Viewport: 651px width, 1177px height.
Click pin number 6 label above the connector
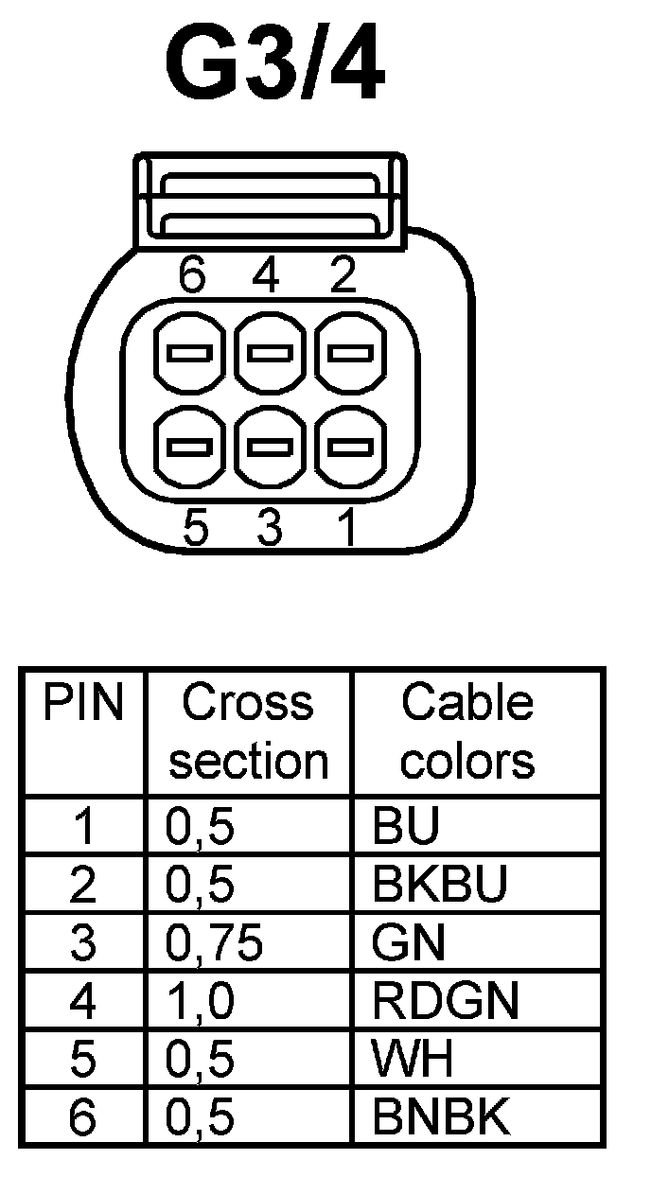193,275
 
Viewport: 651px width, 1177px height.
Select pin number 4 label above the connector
268,275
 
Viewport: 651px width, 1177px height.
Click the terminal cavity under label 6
189,355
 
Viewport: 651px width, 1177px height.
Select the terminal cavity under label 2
349,355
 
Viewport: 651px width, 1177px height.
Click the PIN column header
84,704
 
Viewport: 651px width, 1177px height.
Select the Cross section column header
248,731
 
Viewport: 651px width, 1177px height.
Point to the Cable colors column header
467,731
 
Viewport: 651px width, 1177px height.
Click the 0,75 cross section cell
213,943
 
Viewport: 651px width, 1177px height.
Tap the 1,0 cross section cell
200,1001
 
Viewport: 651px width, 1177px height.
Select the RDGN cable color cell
446,1001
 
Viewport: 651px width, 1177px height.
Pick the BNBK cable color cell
441,1117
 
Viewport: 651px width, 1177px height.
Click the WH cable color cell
413,1060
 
